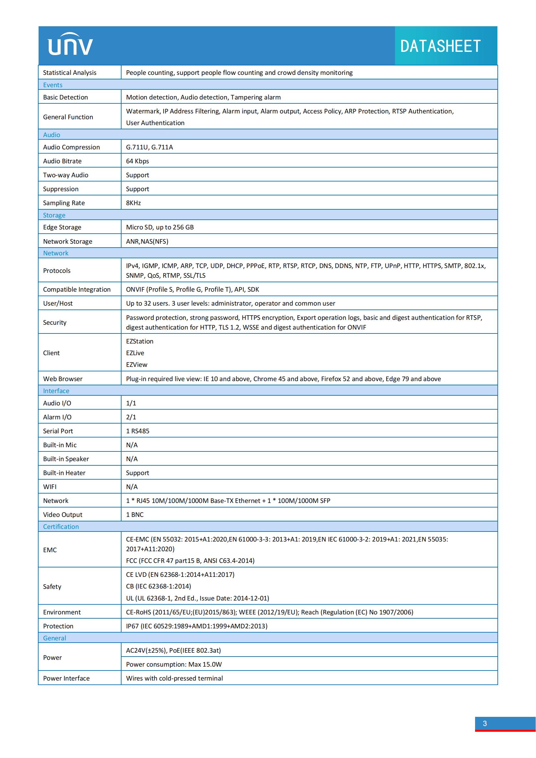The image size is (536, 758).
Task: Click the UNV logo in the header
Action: click(x=70, y=44)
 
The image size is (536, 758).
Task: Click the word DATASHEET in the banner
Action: click(x=440, y=46)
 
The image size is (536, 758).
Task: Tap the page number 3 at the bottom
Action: click(x=484, y=723)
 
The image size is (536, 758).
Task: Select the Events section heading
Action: click(x=53, y=85)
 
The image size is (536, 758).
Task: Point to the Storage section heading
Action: click(x=54, y=215)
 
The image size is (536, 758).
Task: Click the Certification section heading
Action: click(x=61, y=527)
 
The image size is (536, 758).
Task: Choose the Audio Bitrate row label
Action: click(x=62, y=161)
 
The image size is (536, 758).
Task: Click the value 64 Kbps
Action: click(x=137, y=161)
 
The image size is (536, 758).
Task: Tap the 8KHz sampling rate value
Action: click(x=133, y=203)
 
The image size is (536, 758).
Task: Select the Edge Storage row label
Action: click(x=62, y=227)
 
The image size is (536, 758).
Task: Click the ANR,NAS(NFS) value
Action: click(x=147, y=241)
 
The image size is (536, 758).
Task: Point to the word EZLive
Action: click(x=135, y=353)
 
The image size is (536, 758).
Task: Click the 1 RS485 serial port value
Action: click(x=138, y=431)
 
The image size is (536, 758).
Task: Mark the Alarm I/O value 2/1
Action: click(x=131, y=417)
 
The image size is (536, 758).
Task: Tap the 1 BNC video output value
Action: click(x=135, y=514)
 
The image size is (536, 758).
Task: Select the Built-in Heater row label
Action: click(x=64, y=473)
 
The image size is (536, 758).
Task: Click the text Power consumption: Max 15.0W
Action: click(x=174, y=664)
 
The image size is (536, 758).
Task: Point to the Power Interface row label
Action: click(x=66, y=678)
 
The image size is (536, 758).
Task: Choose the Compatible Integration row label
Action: click(x=77, y=289)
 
